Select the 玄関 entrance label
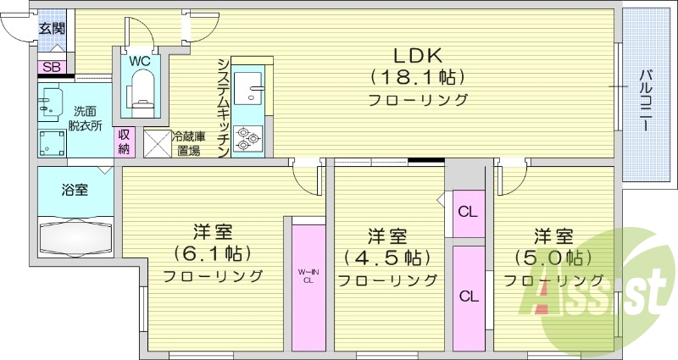tap(52, 28)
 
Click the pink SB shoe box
tap(51, 67)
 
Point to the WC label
tap(140, 60)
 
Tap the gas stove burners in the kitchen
tap(247, 137)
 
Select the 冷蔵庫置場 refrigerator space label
tap(188, 143)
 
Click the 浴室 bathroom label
tap(74, 190)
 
